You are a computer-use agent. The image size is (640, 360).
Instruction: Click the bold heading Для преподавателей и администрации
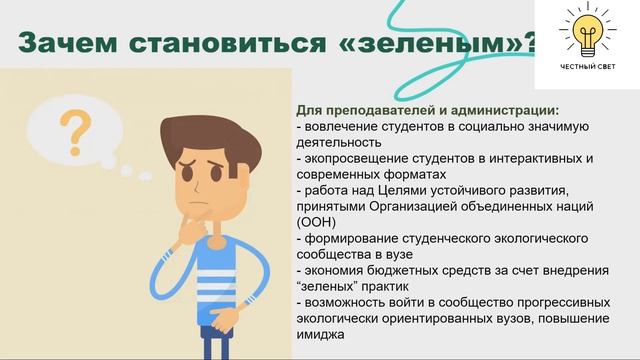(x=427, y=110)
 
